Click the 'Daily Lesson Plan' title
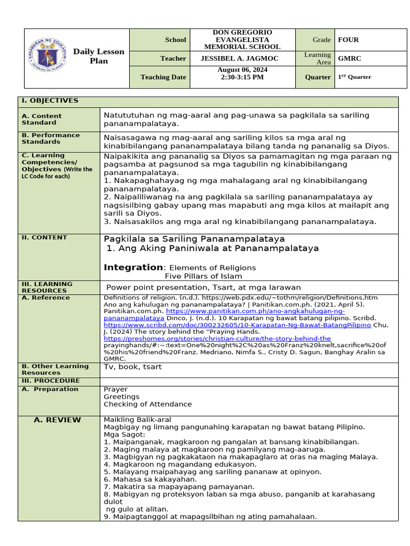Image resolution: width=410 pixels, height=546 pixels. click(98, 56)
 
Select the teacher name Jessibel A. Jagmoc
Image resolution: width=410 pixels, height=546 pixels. click(242, 59)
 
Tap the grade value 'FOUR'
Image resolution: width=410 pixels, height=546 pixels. click(348, 39)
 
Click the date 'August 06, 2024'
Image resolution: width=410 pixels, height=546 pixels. click(242, 70)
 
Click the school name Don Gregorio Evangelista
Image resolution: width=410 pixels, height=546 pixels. click(242, 39)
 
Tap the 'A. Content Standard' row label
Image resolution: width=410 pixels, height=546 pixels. click(42, 119)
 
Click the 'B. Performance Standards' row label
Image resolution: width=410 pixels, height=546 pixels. click(51, 139)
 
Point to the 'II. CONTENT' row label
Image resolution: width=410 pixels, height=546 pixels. click(44, 238)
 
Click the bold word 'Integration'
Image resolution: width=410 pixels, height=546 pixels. click(133, 267)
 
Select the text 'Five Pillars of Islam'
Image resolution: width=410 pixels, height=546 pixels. click(203, 276)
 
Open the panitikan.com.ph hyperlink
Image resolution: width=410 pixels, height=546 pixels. click(255, 311)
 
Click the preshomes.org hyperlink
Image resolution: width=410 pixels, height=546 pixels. click(217, 339)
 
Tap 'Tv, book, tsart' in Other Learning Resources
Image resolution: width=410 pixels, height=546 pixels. click(132, 367)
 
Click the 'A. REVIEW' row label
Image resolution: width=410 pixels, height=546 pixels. click(57, 420)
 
